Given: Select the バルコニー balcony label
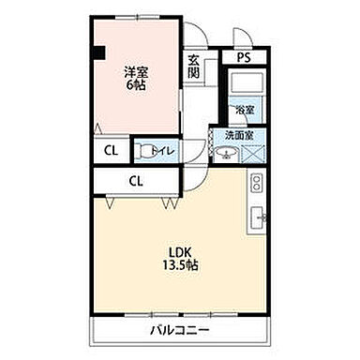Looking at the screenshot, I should pyautogui.click(x=178, y=331).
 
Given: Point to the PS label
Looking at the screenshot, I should pyautogui.click(x=243, y=57).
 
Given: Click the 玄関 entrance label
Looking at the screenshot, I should pyautogui.click(x=193, y=66).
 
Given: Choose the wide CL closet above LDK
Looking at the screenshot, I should pyautogui.click(x=135, y=181).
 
